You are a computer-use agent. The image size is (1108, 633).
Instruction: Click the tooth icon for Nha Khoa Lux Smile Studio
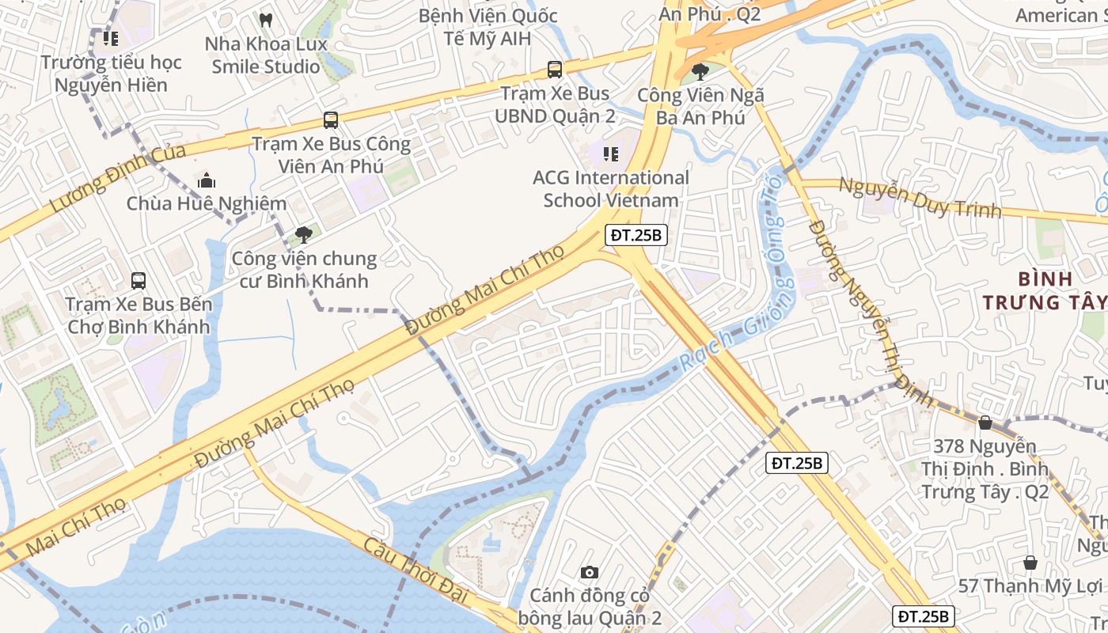266,18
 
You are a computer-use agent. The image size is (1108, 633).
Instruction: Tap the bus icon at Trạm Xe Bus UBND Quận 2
555,70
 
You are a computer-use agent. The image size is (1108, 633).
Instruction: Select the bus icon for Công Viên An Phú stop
331,120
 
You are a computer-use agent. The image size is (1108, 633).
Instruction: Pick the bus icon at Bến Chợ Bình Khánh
138,280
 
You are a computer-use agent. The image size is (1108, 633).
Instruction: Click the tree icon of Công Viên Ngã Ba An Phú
700,72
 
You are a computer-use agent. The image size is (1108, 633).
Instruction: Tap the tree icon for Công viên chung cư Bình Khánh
303,234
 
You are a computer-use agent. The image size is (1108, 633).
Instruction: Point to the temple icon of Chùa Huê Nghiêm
206,180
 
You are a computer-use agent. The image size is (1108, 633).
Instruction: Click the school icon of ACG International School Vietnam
610,154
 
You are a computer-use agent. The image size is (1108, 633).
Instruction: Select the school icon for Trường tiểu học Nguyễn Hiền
110,38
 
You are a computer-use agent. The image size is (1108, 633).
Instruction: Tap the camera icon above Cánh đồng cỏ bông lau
590,572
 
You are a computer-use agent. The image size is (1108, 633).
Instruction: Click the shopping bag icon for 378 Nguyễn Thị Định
985,423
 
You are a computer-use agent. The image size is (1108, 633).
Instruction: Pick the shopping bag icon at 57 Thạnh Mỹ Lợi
1030,563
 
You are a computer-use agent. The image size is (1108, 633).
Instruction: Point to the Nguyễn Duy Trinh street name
920,199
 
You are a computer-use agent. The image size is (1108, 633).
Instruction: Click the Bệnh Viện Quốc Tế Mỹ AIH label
488,27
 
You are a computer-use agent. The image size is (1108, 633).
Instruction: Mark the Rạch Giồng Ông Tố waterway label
740,301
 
